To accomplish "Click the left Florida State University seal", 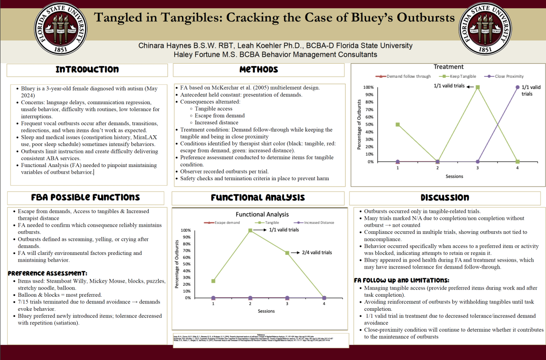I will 61,28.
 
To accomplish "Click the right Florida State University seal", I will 485,28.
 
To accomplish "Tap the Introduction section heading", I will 87,70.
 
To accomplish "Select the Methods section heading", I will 258,70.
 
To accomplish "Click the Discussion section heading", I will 445,198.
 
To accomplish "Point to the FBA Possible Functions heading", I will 86,198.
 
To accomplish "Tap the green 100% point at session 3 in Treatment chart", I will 478,87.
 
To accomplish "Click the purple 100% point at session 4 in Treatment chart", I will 517,87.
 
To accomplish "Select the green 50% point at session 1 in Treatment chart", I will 398,124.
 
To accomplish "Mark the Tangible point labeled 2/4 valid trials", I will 287,253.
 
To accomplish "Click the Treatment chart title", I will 448,67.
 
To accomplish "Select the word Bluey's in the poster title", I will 383,18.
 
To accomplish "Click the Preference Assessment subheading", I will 48,273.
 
